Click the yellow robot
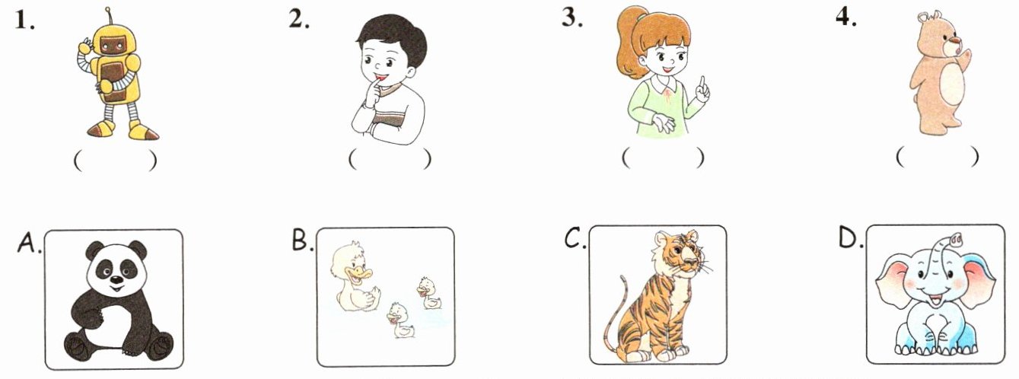[116, 78]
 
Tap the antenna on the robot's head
[109, 17]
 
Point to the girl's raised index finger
[703, 87]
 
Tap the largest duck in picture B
[355, 278]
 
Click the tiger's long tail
[615, 314]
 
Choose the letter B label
[301, 240]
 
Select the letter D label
[849, 237]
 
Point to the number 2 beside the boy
[298, 19]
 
